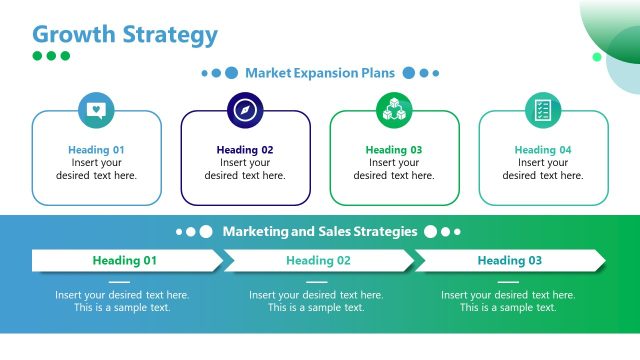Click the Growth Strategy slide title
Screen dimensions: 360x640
(x=125, y=34)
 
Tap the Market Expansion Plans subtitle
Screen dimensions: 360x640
(x=320, y=73)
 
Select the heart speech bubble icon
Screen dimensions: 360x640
(x=96, y=109)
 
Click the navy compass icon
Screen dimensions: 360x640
(x=245, y=109)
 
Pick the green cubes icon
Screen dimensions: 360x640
(x=394, y=109)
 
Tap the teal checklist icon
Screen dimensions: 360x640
(x=543, y=109)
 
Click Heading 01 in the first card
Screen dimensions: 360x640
(x=96, y=150)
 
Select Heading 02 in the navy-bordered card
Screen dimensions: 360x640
(x=245, y=150)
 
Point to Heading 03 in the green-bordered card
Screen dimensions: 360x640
(x=394, y=150)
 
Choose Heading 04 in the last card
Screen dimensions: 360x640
(x=543, y=150)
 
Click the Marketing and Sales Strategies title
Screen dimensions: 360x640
(x=320, y=231)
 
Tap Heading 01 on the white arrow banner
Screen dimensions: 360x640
(x=125, y=261)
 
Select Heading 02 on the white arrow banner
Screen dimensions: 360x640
(x=318, y=261)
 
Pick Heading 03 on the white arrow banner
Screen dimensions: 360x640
(x=509, y=261)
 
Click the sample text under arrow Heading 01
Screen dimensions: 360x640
(x=122, y=301)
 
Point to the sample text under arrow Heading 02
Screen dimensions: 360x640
(x=316, y=301)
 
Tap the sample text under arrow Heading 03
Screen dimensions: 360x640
(x=508, y=301)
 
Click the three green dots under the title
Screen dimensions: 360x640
(x=51, y=56)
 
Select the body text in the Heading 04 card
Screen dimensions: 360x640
(x=543, y=169)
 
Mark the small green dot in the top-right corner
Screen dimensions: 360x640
(x=597, y=57)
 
